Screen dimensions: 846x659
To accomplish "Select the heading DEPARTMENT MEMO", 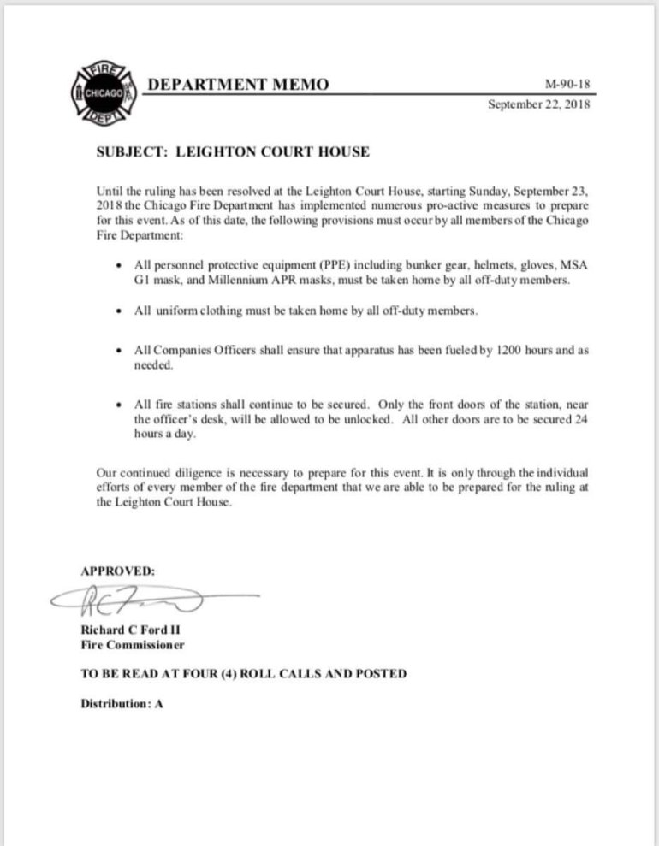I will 238,83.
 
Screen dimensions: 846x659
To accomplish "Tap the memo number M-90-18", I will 567,85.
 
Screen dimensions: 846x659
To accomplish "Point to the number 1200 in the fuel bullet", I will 506,352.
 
